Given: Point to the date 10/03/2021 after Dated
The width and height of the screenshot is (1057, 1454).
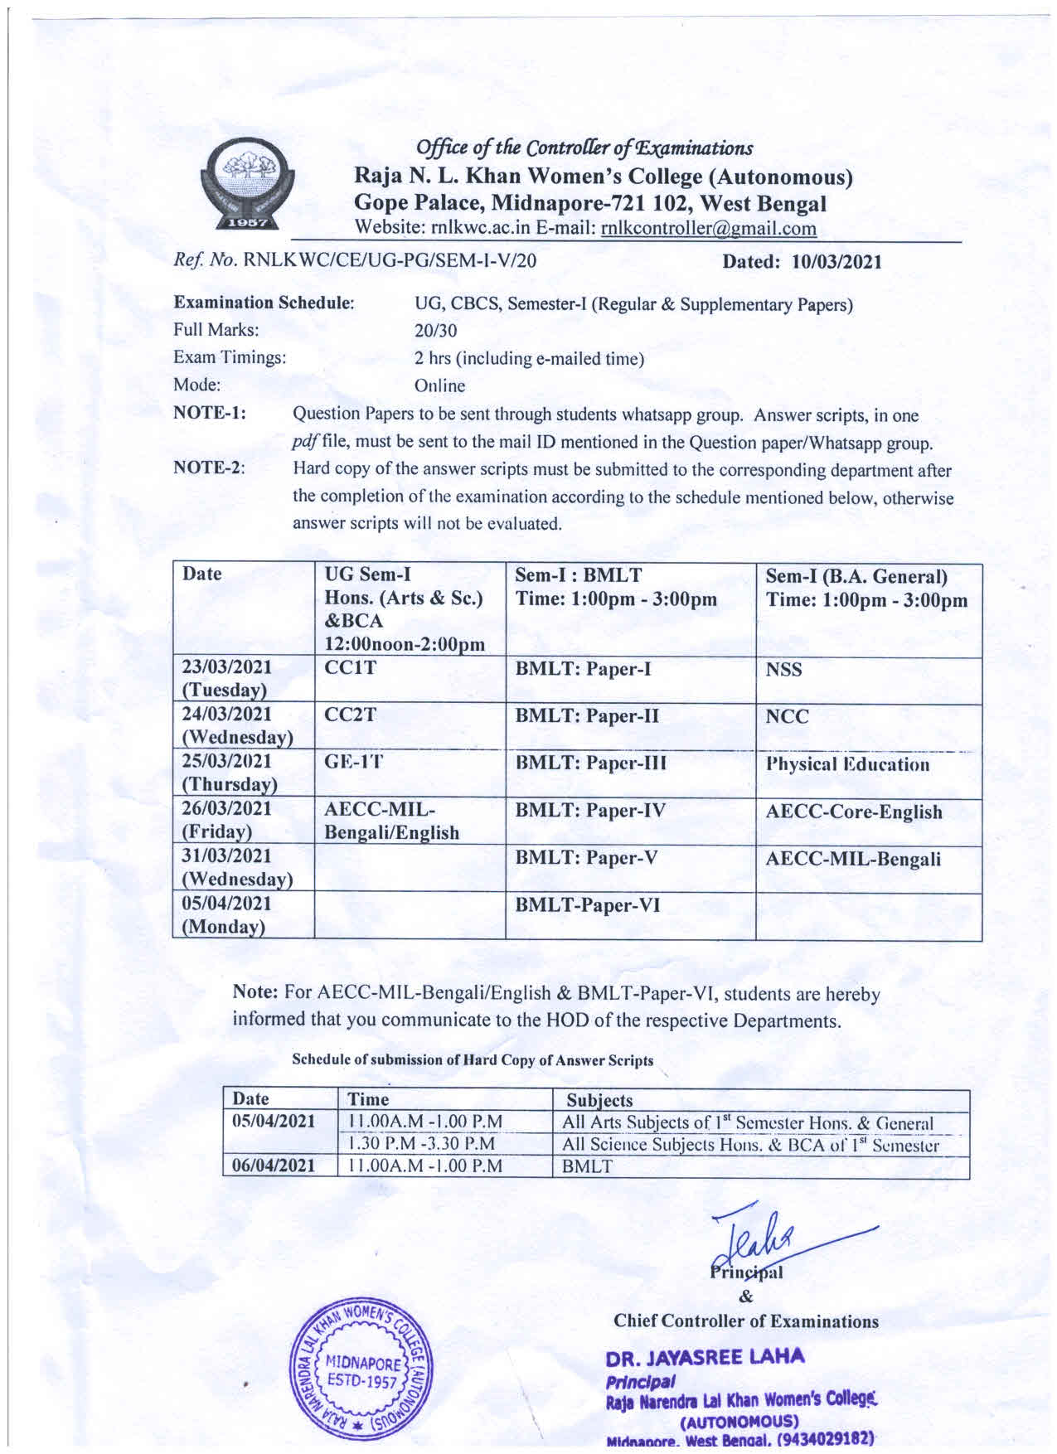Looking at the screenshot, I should tap(836, 262).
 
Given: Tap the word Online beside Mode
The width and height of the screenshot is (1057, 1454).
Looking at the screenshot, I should tap(439, 385).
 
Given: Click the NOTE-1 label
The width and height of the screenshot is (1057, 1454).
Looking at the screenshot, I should tap(209, 414).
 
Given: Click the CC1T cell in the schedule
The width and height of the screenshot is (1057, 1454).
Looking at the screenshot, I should tap(351, 669).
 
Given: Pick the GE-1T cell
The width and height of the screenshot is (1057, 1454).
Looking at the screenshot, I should tap(354, 763).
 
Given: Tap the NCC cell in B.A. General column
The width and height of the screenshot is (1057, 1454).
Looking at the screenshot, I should tap(787, 716).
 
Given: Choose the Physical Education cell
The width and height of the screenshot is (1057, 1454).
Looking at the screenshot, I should tap(847, 764).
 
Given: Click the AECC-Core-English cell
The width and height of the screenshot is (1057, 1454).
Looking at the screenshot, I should tap(853, 812).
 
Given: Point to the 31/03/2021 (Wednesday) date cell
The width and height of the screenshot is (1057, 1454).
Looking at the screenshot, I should tap(237, 867).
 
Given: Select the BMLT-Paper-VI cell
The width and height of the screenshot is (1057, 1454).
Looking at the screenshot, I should tap(588, 905).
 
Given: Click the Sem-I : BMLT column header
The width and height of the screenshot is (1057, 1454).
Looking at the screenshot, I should tap(616, 587).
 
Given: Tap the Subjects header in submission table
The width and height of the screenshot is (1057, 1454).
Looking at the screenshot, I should tap(599, 1100).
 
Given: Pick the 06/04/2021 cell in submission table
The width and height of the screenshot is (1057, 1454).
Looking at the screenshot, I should tap(274, 1166).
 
